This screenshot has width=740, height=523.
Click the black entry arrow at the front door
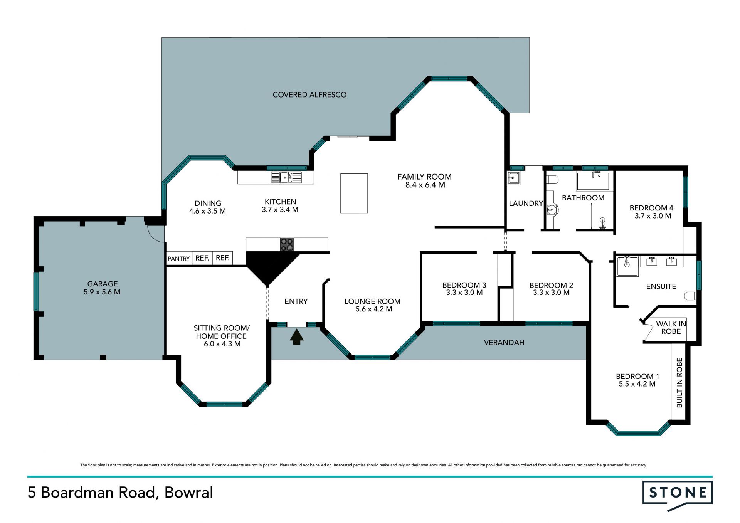296,336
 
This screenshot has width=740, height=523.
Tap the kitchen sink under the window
286,177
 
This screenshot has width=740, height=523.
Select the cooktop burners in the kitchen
287,245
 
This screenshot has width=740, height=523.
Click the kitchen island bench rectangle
354,193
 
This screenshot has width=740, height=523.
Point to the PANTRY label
179,259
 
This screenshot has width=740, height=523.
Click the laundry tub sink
513,178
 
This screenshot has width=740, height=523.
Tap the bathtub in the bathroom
593,182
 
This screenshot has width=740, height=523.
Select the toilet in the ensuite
691,296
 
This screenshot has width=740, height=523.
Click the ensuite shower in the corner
627,266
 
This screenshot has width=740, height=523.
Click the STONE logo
678,495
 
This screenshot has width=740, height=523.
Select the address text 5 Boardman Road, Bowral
120,493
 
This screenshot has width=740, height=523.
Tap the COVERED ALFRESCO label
309,95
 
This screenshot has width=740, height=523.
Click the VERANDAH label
504,342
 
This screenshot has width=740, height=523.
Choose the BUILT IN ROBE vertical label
679,382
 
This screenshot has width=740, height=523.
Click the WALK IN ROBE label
671,328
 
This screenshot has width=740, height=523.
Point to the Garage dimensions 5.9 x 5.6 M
102,292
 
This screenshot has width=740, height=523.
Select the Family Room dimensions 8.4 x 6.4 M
425,185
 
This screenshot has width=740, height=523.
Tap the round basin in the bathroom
553,210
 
